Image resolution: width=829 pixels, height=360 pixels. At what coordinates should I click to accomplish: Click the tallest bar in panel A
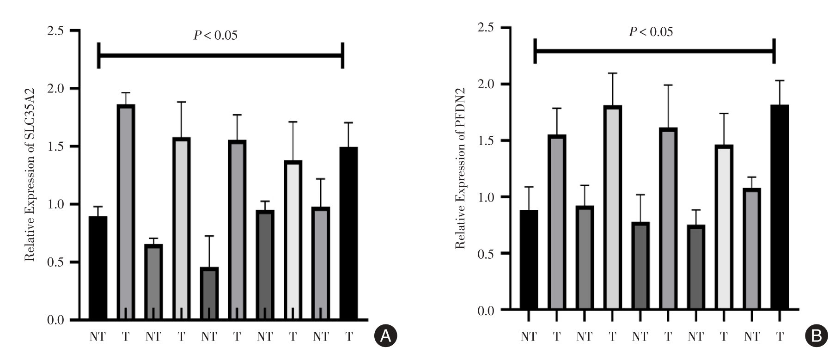coord(126,213)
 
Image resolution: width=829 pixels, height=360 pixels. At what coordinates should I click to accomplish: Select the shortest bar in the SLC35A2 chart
coord(209,293)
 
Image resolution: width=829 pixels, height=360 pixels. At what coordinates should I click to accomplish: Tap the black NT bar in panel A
coord(98,268)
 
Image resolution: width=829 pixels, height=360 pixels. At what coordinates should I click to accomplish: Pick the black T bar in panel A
coord(348,233)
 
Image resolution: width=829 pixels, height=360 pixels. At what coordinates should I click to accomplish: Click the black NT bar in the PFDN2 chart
coord(529,260)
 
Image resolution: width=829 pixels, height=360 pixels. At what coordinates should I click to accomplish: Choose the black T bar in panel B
coord(780,207)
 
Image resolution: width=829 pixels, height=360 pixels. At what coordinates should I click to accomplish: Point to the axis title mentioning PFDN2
coord(460,168)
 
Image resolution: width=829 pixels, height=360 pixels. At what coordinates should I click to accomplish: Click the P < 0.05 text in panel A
coord(215,35)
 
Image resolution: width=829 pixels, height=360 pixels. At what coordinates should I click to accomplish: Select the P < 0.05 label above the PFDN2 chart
coord(651,31)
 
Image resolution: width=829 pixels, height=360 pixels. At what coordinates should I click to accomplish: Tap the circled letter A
coord(385,336)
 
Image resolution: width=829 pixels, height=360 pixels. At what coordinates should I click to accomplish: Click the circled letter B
coord(817,336)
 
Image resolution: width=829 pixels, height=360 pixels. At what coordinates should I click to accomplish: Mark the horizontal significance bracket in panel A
coord(220,56)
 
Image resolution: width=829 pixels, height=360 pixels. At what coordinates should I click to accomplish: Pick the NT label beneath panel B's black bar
coord(529,337)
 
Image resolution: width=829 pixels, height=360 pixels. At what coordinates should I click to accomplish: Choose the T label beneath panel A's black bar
coord(348,337)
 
